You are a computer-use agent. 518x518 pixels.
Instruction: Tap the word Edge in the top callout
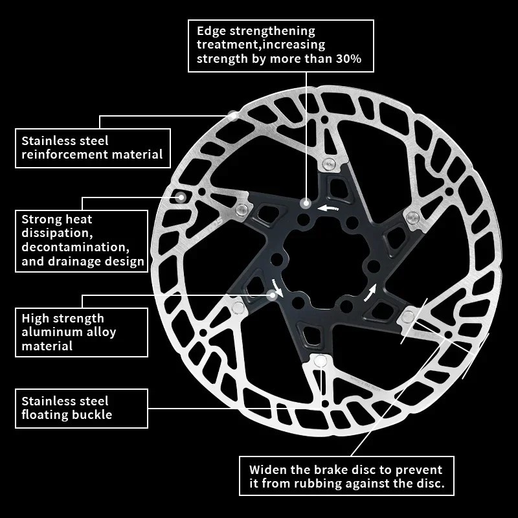(x=211, y=31)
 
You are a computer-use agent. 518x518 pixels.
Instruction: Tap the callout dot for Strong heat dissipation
(x=181, y=197)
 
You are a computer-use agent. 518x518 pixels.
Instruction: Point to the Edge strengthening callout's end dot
(x=304, y=203)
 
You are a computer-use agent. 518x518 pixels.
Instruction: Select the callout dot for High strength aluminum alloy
(x=271, y=295)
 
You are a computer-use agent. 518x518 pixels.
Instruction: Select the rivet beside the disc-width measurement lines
(x=408, y=315)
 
